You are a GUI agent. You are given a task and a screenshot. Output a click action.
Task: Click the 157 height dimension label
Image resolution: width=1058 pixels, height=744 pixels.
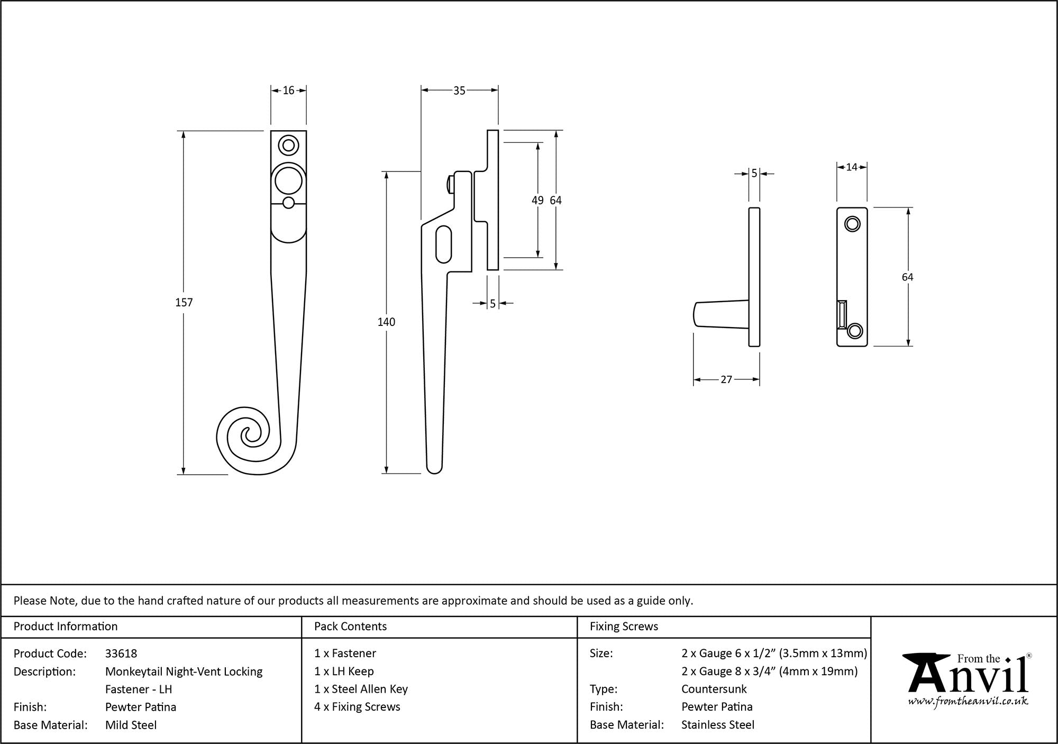click(184, 302)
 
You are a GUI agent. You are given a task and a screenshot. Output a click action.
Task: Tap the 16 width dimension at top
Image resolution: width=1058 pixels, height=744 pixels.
click(288, 90)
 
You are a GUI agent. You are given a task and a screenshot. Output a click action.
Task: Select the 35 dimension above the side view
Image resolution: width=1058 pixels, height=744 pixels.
click(459, 91)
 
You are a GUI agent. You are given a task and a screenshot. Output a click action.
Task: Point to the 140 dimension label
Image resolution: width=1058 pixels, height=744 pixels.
click(386, 322)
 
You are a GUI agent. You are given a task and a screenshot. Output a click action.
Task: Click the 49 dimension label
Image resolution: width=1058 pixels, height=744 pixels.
click(537, 200)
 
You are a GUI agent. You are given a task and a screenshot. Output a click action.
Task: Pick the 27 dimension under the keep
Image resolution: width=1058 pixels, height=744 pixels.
click(726, 379)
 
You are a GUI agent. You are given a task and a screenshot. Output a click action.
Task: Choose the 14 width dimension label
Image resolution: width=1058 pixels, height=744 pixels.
click(851, 167)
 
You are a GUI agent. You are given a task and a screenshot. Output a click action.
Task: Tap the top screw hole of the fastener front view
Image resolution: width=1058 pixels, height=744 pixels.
click(288, 144)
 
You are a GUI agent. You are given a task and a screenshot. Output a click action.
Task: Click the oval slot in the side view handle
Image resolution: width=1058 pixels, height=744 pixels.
click(444, 244)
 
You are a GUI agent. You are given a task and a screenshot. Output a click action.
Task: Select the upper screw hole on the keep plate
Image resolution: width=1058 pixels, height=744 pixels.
click(852, 224)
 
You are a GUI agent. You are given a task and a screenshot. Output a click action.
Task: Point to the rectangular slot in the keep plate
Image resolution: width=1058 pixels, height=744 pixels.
click(842, 314)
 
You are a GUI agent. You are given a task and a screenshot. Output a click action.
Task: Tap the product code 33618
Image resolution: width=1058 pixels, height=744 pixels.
click(121, 654)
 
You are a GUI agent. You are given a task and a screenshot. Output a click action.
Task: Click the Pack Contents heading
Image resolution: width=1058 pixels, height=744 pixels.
click(350, 627)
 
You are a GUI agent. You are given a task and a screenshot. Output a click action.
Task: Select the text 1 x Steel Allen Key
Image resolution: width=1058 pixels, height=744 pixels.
click(361, 689)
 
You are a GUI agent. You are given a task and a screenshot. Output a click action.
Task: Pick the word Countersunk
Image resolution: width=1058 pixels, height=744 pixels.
click(714, 689)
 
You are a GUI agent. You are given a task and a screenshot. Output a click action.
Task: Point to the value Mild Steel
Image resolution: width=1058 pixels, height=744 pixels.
click(131, 725)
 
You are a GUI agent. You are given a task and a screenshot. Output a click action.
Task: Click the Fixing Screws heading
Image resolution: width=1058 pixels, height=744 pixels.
click(624, 627)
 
